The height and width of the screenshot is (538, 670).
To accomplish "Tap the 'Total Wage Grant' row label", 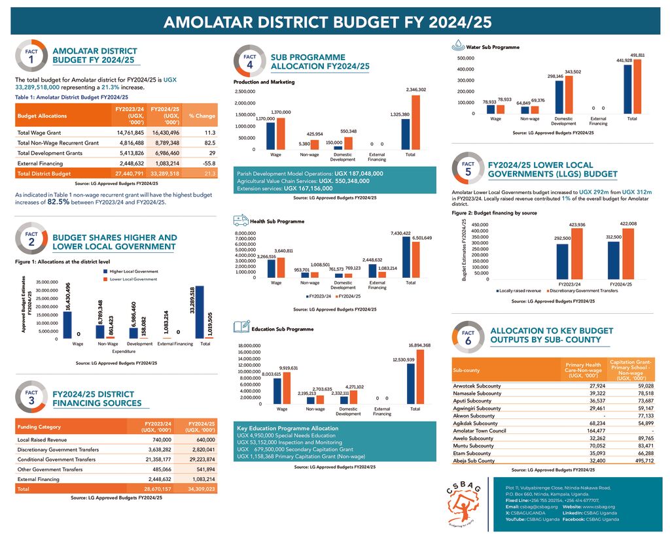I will click(x=41, y=132).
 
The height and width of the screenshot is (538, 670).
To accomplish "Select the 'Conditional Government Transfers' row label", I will click(x=56, y=460).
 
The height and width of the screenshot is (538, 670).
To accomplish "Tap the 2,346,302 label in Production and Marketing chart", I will click(x=415, y=90).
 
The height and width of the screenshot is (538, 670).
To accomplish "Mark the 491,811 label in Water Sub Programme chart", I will click(x=637, y=55).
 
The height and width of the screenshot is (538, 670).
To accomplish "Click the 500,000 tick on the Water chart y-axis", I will click(x=465, y=58).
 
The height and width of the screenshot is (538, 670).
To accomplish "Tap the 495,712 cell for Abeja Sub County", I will click(x=640, y=460).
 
